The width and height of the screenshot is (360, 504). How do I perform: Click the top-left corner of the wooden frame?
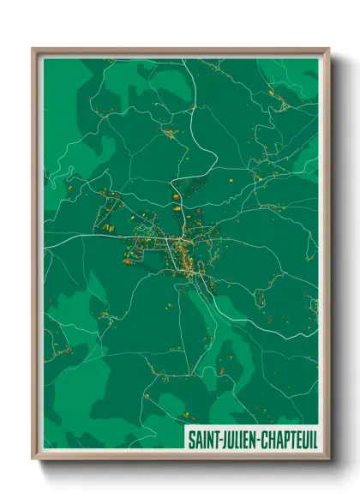(x=33, y=49)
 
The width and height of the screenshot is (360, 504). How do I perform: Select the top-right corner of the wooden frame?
(x=329, y=49)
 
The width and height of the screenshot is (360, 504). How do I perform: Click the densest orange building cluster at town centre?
(x=183, y=250)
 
